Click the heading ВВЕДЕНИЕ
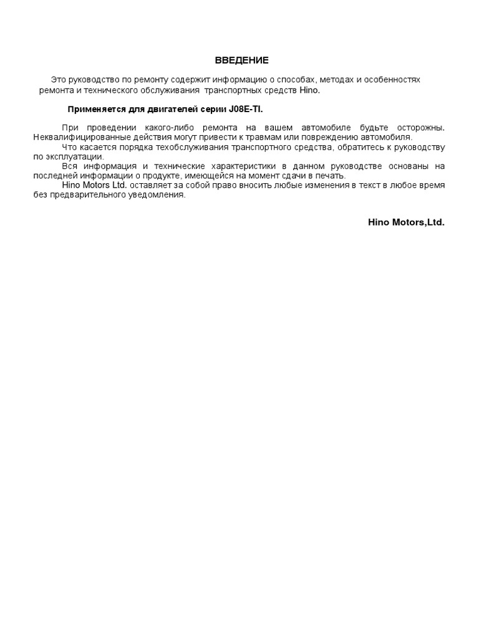pyautogui.click(x=241, y=60)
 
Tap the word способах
pyautogui.click(x=297, y=80)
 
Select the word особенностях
pyautogui.click(x=392, y=80)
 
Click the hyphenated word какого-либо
pyautogui.click(x=175, y=127)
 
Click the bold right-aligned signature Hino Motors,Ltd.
pyautogui.click(x=405, y=222)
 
